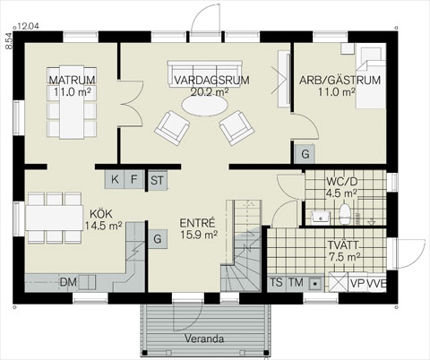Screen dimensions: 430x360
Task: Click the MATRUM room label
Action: tap(73, 80)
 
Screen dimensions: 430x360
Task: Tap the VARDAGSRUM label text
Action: tap(211, 81)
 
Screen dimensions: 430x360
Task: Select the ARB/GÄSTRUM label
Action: tap(340, 81)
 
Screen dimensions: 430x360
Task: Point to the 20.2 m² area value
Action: tap(210, 92)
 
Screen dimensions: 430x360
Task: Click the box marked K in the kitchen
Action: tap(115, 179)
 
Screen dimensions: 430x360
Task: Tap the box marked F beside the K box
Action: tap(134, 179)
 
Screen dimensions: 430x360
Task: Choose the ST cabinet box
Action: tap(158, 180)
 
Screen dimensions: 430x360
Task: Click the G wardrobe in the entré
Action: tap(158, 239)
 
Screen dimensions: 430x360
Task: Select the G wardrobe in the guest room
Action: tap(305, 154)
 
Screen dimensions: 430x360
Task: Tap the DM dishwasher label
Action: tap(68, 282)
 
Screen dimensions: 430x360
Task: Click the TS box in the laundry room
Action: tap(276, 282)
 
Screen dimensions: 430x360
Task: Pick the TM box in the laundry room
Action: tap(296, 282)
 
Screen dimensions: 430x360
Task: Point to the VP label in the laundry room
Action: tap(357, 283)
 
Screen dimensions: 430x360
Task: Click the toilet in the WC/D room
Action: tap(345, 214)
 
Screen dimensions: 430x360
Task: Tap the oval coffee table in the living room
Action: tap(205, 106)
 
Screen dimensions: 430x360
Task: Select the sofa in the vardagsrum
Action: tap(205, 74)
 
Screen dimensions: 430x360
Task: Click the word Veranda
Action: tap(204, 339)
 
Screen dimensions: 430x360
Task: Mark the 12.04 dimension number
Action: tap(29, 26)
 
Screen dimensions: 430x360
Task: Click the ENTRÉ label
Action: tap(197, 223)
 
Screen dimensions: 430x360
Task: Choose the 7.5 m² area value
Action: tap(345, 257)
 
